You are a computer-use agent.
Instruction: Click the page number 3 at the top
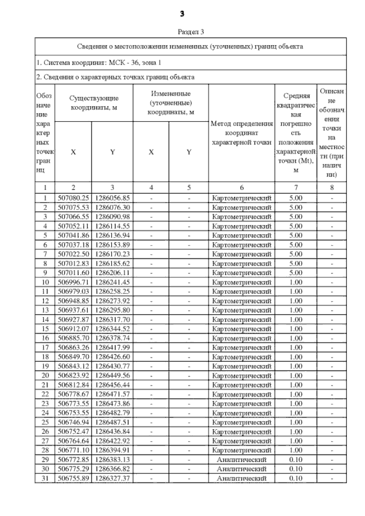point(182,14)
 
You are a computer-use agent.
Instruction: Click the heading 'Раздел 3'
point(190,32)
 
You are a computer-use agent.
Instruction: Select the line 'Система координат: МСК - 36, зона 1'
point(99,63)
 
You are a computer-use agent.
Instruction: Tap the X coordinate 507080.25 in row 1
point(73,198)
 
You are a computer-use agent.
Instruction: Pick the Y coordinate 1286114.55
point(112,226)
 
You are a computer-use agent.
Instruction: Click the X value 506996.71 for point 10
point(73,282)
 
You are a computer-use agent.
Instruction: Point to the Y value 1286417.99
point(112,348)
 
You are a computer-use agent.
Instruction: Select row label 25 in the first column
point(45,422)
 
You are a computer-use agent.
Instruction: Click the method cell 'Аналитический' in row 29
point(242,459)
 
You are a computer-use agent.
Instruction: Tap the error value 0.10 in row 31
point(296,478)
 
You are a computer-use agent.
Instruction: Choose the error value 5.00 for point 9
point(296,273)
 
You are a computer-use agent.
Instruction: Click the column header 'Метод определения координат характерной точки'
point(242,133)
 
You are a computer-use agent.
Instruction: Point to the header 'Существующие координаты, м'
point(94,103)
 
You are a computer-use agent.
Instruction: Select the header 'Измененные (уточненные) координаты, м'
point(171,103)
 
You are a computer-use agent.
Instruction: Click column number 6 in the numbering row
point(242,188)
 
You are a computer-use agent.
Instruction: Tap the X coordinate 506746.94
point(73,422)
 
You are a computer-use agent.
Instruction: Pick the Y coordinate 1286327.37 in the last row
point(112,478)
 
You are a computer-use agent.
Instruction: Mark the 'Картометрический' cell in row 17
point(242,348)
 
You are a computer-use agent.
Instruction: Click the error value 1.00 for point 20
point(296,376)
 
